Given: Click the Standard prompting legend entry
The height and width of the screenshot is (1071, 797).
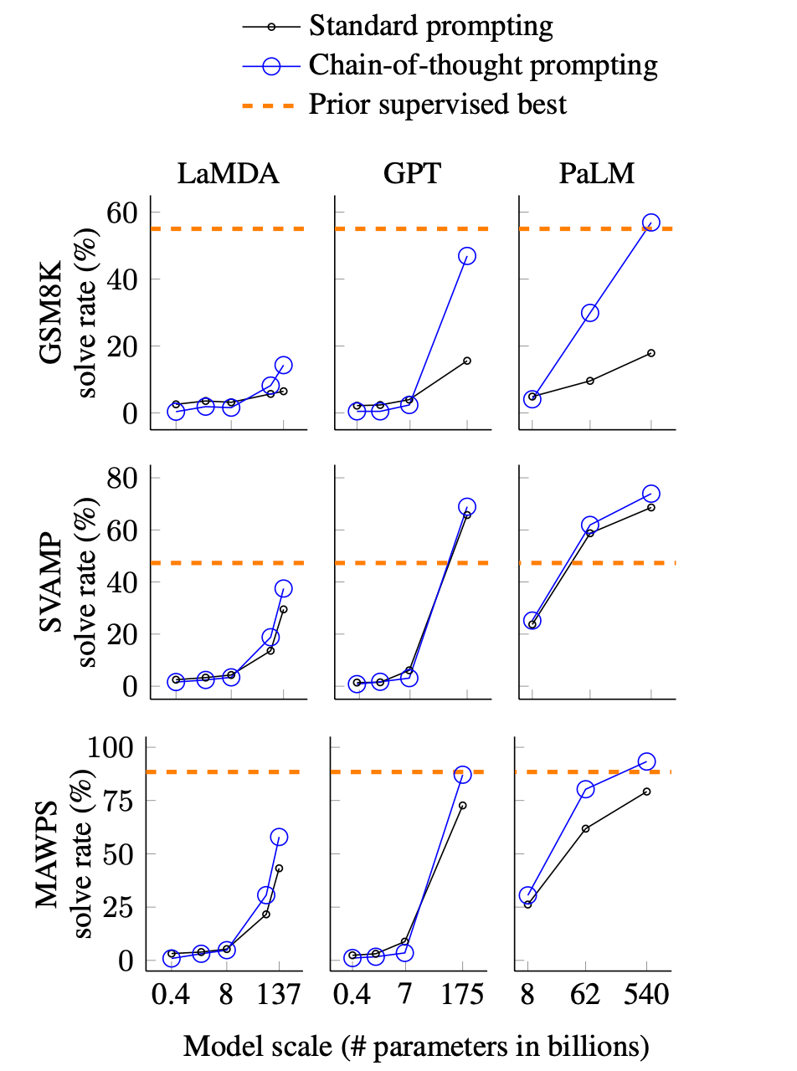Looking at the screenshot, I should pos(430,26).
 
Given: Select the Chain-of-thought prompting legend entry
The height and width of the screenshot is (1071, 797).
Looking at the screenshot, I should pos(483,65).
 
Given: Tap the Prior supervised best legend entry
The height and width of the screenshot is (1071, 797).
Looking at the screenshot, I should pos(438,105).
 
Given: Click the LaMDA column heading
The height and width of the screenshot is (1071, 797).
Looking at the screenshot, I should pos(228,174).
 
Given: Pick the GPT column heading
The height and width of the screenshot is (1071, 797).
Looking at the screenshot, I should pos(413,174).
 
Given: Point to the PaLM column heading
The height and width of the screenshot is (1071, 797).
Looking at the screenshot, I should pos(597,174).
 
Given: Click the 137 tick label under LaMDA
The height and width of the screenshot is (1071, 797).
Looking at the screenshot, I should pos(277,997).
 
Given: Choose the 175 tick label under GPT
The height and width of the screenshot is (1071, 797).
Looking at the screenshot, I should pos(462,997).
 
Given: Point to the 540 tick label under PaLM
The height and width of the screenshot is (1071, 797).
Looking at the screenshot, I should pos(646,997).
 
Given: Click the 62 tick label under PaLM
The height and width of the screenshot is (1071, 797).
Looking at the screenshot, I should pos(585,997).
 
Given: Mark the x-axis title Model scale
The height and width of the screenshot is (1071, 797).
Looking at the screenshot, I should pos(416,1046).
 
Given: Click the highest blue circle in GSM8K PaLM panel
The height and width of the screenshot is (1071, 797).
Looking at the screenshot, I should pos(650,223).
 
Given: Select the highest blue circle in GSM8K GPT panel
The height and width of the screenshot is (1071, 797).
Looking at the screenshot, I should pos(467,256).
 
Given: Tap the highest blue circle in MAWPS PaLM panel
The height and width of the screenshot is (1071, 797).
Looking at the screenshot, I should pos(646,761).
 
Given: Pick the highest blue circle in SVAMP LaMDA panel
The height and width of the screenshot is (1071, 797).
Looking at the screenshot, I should pos(283,589).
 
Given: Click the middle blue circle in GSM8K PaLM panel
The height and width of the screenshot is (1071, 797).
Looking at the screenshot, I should pos(590,313).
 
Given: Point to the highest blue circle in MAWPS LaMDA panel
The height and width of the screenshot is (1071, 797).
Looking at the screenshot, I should pos(279,837).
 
